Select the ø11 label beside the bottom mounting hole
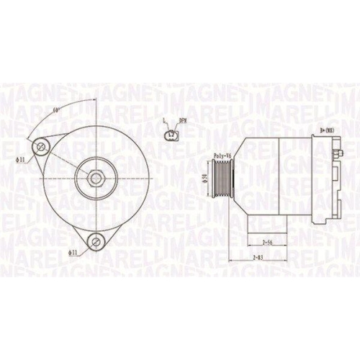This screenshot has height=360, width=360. (x=73, y=252)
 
